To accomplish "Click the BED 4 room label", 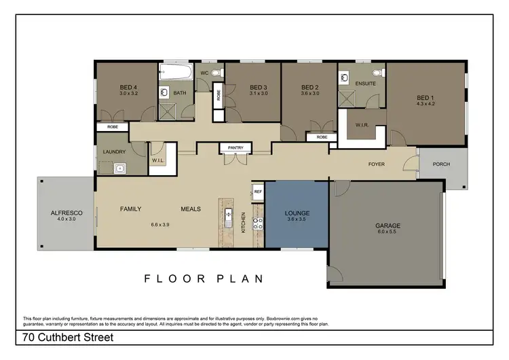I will coord(129,88).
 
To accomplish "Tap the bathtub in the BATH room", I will coord(176,71).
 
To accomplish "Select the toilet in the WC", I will coord(216,72).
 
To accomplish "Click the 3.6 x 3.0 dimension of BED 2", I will coord(309,94).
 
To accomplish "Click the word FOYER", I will coord(377,164).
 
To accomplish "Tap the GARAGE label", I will coord(388,226).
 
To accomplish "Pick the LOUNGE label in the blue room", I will coord(297,213).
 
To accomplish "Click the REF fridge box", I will coord(258,192).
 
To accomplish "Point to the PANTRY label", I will coord(235,147).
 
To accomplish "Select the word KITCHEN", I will coord(244,222).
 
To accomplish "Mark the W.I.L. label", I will coord(157,161).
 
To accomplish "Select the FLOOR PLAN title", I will coord(204,278).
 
